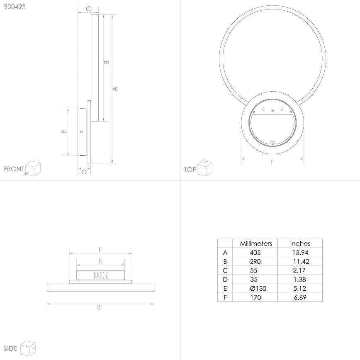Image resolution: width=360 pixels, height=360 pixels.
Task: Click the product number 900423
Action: pyautogui.click(x=15, y=7)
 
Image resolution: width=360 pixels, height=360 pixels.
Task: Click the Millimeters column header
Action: pyautogui.click(x=256, y=243)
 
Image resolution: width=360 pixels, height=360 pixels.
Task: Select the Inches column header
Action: pyautogui.click(x=300, y=243)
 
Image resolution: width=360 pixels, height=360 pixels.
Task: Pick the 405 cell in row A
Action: pyautogui.click(x=255, y=253)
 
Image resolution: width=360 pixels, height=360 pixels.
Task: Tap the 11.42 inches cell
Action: pyautogui.click(x=301, y=262)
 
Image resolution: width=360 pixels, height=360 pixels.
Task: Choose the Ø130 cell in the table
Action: pyautogui.click(x=258, y=288)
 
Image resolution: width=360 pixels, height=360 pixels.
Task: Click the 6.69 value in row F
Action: pyautogui.click(x=300, y=297)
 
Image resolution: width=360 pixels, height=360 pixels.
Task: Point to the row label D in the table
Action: pyautogui.click(x=225, y=280)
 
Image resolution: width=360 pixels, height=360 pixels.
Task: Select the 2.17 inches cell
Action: pyautogui.click(x=299, y=270)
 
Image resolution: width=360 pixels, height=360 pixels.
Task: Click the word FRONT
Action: pyautogui.click(x=14, y=169)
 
